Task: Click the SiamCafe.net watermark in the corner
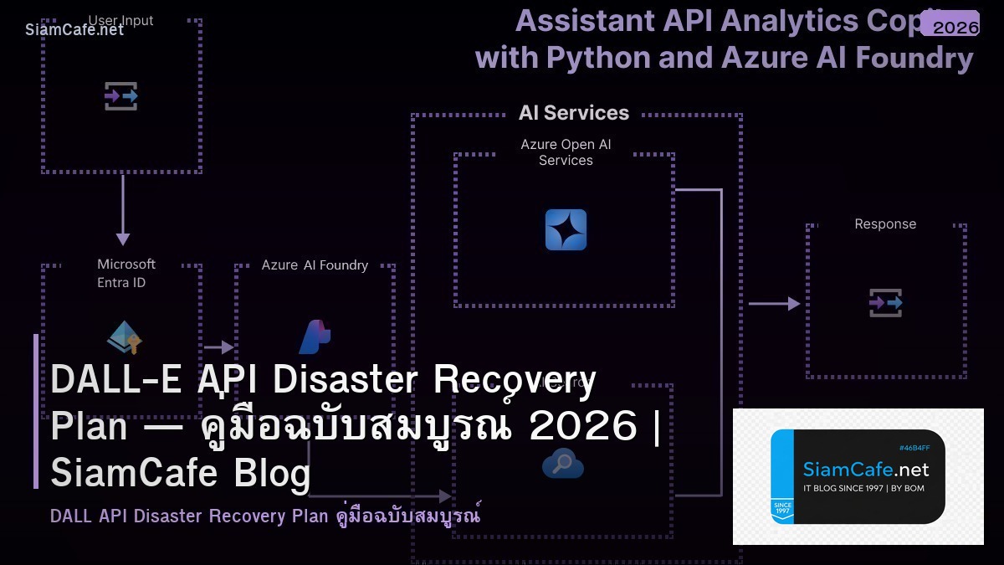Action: coord(74,29)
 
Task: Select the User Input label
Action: coord(121,20)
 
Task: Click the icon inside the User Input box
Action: coord(121,96)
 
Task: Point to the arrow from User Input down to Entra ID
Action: coord(123,209)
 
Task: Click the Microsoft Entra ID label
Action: coord(125,273)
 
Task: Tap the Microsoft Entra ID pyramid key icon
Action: coord(125,336)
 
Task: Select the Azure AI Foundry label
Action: coord(315,265)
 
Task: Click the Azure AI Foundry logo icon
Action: coord(315,336)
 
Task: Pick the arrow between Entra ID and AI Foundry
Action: coord(219,347)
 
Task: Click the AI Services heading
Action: coord(573,113)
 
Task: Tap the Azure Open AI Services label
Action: coord(566,152)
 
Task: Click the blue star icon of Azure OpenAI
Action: coord(566,230)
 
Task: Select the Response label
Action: coord(885,224)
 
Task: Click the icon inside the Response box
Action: coord(885,302)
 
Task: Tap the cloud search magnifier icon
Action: coord(563,463)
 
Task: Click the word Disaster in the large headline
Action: coord(346,380)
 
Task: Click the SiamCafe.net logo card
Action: coord(858,476)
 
